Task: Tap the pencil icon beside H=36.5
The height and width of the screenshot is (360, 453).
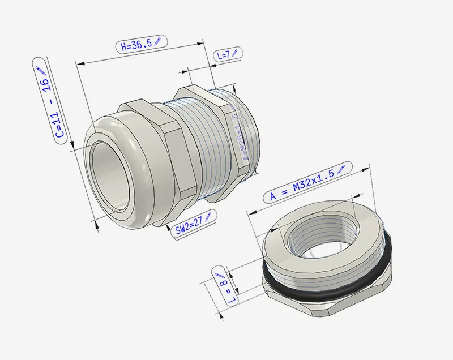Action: pos(157,41)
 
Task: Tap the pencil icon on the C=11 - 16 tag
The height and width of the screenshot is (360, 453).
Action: pos(41,70)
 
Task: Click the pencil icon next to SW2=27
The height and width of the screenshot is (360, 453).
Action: pos(207,216)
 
